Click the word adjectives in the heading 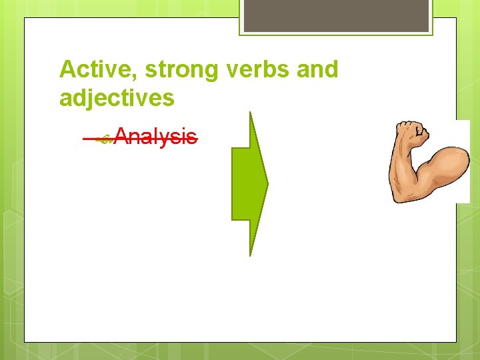tap(117, 99)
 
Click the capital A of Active tap(66, 69)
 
